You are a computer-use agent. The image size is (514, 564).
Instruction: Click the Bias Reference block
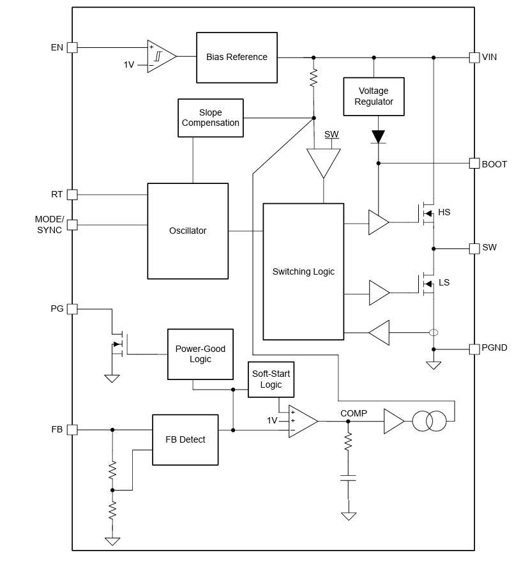[236, 57]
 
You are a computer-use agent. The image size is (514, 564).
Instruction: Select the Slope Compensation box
[210, 118]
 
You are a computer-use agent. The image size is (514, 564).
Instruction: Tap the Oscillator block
[188, 231]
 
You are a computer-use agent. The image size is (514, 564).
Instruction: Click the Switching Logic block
[303, 271]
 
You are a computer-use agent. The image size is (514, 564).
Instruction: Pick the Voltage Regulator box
[374, 96]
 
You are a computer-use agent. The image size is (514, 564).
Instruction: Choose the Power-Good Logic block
[200, 354]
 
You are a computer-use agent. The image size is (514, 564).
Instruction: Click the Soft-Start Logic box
[271, 379]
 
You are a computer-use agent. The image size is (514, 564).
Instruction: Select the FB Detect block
[185, 439]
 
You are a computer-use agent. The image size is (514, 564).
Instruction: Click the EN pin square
[72, 47]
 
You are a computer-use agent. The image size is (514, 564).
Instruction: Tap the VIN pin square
[474, 57]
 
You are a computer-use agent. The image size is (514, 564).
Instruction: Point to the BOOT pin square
[474, 164]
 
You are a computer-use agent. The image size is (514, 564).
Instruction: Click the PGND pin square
[474, 349]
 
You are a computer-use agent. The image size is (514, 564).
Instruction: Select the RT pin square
[72, 194]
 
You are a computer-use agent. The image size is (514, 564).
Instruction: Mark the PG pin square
[72, 309]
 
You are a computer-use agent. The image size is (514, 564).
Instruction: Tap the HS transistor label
[444, 212]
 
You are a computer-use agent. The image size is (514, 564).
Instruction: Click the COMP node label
[354, 413]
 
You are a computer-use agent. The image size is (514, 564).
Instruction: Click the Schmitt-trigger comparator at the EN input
[160, 56]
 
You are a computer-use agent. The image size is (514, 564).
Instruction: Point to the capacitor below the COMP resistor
[348, 477]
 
